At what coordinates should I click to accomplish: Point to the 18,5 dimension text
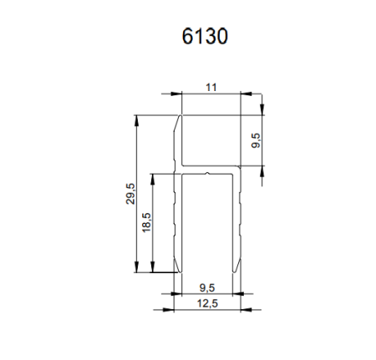pos(146,223)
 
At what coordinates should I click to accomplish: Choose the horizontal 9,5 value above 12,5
pos(209,285)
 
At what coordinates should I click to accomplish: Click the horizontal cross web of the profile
pos(209,173)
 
